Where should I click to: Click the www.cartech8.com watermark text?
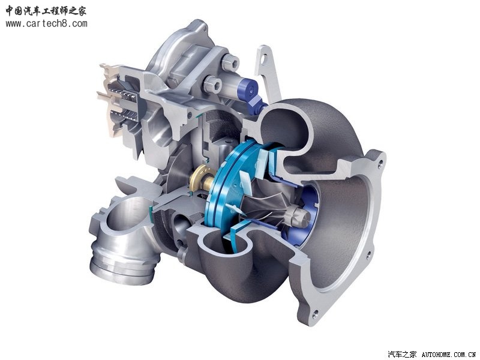pyautogui.click(x=46, y=23)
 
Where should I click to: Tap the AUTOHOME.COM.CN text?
pyautogui.click(x=448, y=355)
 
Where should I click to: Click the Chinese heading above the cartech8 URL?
pyautogui.click(x=46, y=11)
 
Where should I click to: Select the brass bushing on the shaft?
pyautogui.click(x=202, y=178)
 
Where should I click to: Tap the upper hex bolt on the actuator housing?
pyautogui.click(x=230, y=62)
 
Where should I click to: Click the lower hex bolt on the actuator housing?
pyautogui.click(x=213, y=83)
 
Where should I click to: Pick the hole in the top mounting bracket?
pyautogui.click(x=264, y=58)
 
